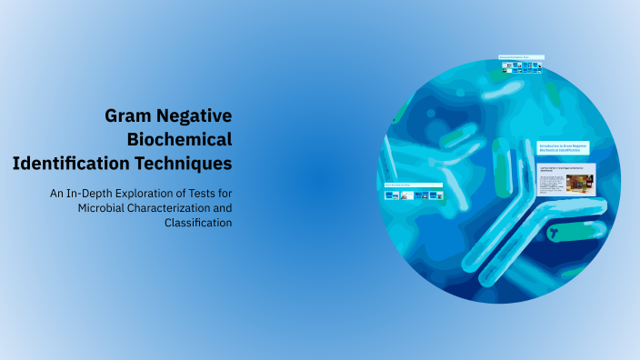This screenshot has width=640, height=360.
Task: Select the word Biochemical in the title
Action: coord(180,140)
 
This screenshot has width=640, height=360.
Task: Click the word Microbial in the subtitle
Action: coord(105,208)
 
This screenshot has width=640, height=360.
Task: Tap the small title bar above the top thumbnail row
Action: coord(521,57)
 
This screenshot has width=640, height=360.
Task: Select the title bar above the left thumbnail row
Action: coord(414,185)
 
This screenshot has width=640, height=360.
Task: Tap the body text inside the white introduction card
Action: coord(549,185)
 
